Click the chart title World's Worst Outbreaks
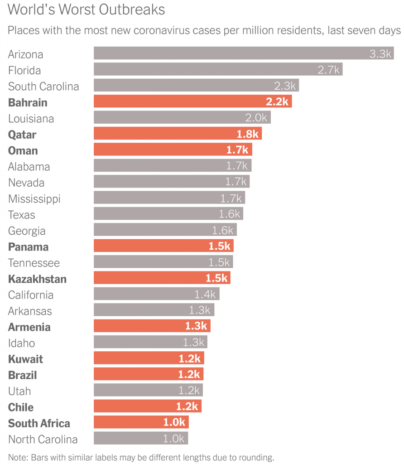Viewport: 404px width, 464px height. click(x=86, y=10)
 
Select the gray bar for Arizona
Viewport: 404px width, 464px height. click(x=226, y=53)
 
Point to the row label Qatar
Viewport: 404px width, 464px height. click(x=22, y=135)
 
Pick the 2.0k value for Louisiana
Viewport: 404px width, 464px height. click(x=256, y=118)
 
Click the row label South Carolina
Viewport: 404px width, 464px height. click(x=43, y=86)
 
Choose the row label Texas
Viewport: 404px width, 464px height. click(x=21, y=215)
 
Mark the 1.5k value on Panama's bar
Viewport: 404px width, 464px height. click(x=220, y=246)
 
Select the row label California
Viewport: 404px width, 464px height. click(x=31, y=295)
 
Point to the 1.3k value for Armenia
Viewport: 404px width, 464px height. click(x=196, y=326)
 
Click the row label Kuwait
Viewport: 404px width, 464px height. click(x=25, y=359)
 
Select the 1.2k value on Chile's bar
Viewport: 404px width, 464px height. click(x=188, y=406)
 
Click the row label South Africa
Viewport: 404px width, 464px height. click(x=39, y=423)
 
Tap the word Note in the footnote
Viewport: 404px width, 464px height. click(x=17, y=457)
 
